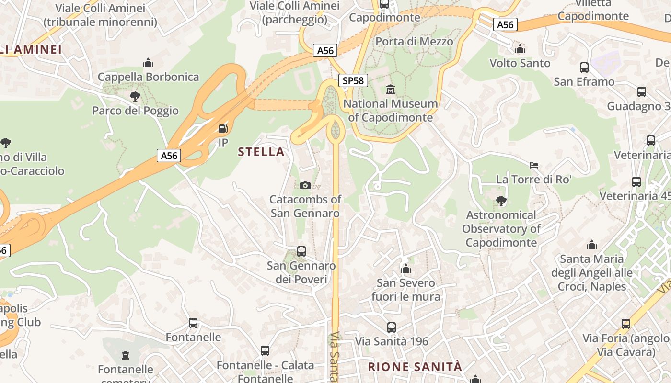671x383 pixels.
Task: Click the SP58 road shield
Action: point(353,80)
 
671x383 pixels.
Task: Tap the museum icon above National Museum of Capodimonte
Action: point(391,89)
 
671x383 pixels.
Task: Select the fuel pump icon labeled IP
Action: point(223,128)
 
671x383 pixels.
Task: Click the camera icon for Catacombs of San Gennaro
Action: point(305,185)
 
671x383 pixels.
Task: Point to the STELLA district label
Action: point(261,152)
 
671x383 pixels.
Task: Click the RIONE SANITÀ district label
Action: point(415,367)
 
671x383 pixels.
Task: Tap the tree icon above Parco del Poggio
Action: point(135,97)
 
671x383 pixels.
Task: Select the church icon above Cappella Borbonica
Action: point(148,63)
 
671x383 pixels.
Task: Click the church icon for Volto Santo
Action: point(520,49)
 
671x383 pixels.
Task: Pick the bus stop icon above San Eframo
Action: point(584,68)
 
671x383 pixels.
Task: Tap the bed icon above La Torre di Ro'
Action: point(534,165)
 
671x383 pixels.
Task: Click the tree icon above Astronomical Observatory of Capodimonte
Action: point(501,201)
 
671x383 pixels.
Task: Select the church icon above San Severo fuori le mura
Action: point(406,269)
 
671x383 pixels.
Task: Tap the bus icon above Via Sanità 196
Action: point(392,327)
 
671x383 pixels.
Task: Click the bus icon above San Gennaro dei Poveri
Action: point(301,251)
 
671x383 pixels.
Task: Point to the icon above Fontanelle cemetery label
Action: point(126,355)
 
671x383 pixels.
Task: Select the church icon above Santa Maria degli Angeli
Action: point(592,245)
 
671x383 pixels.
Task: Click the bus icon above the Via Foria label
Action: point(625,324)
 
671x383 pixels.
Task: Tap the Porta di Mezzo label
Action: point(414,42)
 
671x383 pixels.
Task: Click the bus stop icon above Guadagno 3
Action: point(641,92)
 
